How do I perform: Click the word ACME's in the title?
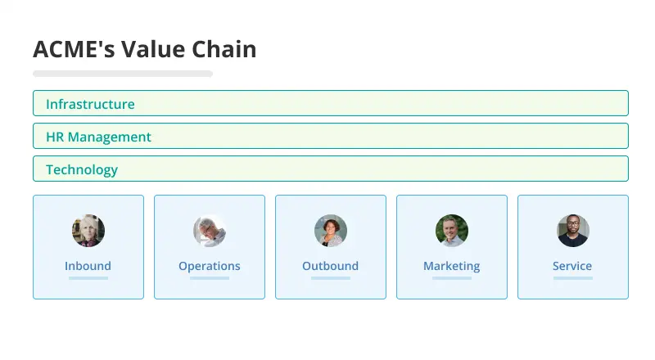(74, 49)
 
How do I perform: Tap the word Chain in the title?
(224, 49)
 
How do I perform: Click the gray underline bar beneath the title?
(123, 74)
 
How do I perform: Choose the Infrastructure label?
(90, 104)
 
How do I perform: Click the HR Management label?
(98, 137)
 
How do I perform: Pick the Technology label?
(82, 169)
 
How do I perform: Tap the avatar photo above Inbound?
(88, 231)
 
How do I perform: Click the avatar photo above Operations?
(210, 231)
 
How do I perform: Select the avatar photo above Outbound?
(331, 231)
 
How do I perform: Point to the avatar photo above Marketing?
(452, 231)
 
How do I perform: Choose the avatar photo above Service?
(573, 231)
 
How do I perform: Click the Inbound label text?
(88, 266)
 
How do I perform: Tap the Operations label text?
(210, 267)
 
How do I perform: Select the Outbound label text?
(331, 266)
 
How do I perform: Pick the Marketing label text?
(452, 267)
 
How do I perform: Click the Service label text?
(572, 266)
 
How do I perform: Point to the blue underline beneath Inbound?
(88, 278)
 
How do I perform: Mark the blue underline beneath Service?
(573, 278)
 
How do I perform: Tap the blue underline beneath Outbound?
(331, 278)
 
